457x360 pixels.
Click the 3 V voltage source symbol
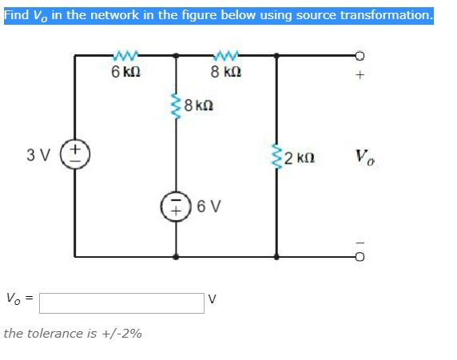coord(75,154)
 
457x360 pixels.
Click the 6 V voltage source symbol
coord(176,206)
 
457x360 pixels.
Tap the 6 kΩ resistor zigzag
coord(125,54)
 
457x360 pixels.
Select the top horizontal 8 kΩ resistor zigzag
coord(226,54)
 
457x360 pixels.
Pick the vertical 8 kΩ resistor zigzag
coord(176,106)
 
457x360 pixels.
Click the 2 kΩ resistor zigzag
coord(276,156)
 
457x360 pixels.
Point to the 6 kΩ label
coord(126,72)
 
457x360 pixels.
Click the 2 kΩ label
coord(300,158)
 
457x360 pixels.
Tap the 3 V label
coord(38,155)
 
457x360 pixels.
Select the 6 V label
coord(209,206)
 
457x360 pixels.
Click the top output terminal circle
coord(360,55)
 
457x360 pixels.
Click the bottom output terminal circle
coord(360,257)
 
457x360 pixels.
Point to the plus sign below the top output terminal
coord(360,75)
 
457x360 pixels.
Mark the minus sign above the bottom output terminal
coord(360,242)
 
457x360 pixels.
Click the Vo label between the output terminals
coord(364,157)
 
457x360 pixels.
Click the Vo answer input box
coord(121,303)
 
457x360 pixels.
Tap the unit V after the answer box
coord(213,299)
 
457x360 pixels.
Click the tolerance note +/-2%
coord(121,334)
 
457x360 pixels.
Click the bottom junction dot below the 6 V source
coord(176,257)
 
